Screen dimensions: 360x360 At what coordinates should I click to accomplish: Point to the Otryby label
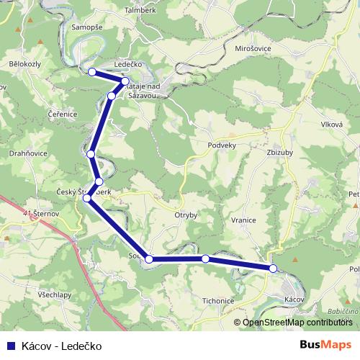(x=186, y=215)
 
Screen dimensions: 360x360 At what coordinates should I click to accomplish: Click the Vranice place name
(x=244, y=220)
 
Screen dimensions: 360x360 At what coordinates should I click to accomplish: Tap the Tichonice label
(x=218, y=301)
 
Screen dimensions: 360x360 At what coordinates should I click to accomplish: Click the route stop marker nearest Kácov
(x=273, y=269)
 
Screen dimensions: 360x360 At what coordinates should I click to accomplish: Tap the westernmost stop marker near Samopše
(x=91, y=71)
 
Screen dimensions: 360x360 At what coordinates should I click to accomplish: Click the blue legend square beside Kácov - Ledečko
(x=10, y=346)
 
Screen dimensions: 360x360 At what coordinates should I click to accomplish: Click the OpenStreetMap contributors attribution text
(x=297, y=323)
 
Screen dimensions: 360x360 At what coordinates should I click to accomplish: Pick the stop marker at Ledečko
(x=125, y=81)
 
